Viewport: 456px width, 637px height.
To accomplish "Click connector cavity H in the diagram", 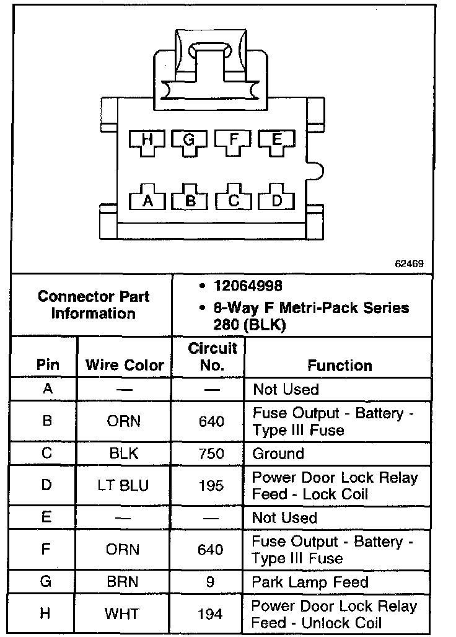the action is click(x=147, y=141).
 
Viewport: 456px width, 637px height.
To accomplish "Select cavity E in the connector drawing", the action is click(x=276, y=141).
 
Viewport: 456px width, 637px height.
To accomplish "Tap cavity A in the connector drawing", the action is click(x=147, y=200).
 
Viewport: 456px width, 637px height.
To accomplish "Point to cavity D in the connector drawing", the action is click(x=276, y=200).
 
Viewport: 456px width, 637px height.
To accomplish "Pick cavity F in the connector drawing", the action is click(x=233, y=141).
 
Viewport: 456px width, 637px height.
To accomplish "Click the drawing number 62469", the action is click(x=410, y=263).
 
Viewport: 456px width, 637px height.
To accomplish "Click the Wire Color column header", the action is click(x=125, y=365).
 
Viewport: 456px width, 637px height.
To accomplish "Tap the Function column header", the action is click(x=340, y=365).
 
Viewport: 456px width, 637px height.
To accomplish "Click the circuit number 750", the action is click(x=211, y=454).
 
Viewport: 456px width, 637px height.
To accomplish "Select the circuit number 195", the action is click(x=211, y=486).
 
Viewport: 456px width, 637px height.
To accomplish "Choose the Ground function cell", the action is click(x=278, y=454).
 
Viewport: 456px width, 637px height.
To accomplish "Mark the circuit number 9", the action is click(x=211, y=582).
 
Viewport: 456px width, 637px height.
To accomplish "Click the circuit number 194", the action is click(x=211, y=615).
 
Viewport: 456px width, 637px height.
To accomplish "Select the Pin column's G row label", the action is click(x=46, y=582).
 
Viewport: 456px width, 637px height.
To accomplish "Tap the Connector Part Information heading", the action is click(x=93, y=304).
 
